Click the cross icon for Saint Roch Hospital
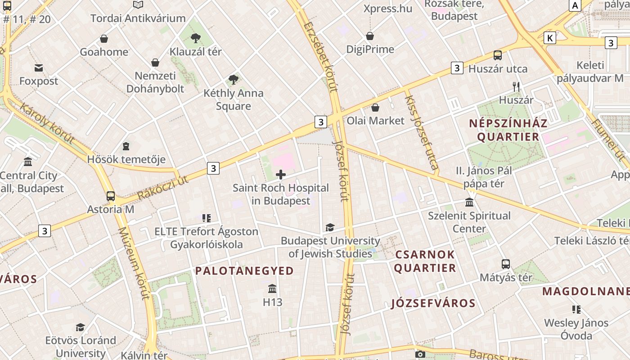[x=281, y=174]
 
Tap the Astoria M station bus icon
[x=111, y=196]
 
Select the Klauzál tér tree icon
[x=196, y=38]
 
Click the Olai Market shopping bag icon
[x=375, y=108]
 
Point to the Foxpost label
[x=39, y=81]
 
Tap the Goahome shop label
[x=104, y=52]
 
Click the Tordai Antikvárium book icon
[x=138, y=5]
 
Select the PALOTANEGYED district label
[x=244, y=270]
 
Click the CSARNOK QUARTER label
[x=425, y=261]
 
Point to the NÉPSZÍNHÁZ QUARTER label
[x=508, y=130]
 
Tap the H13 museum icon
[x=272, y=288]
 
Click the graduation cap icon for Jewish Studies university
[x=330, y=228]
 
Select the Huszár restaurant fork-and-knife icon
[x=516, y=86]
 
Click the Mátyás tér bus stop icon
[x=506, y=264]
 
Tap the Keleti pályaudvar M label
[x=590, y=72]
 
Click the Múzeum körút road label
[x=133, y=263]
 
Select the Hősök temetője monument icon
[x=126, y=146]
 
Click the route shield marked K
[x=549, y=38]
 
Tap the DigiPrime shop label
[x=370, y=49]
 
